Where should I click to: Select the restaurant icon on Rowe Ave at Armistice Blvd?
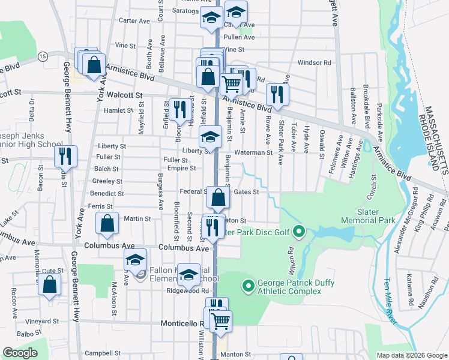277,94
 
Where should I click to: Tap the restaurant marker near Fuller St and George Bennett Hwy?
65,156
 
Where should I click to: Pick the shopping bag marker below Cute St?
49,284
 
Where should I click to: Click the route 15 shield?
41,55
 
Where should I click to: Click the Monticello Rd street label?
183,323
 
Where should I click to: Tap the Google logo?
20,353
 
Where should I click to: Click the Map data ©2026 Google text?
411,355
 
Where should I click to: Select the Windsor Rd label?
314,62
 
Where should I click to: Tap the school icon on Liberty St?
210,137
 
